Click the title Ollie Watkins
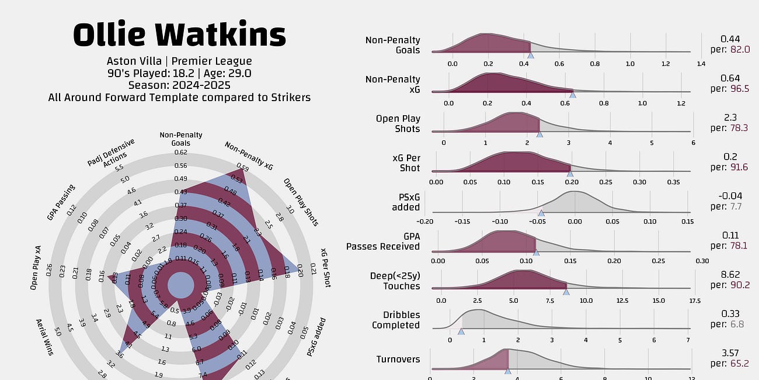pos(179,35)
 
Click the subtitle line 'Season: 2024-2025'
pos(179,85)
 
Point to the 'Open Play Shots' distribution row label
pos(398,123)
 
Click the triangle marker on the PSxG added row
pos(541,213)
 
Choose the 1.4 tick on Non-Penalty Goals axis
pos(701,64)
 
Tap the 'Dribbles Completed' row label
pos(396,320)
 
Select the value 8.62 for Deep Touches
pos(730,275)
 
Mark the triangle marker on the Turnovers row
pos(507,371)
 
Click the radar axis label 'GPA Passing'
pos(61,202)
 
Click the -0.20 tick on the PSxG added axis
pos(426,222)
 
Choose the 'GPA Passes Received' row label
pos(383,241)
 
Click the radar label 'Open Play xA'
pos(36,268)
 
